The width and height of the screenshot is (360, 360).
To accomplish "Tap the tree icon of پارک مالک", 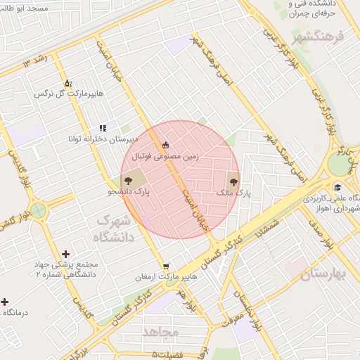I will click(233, 179).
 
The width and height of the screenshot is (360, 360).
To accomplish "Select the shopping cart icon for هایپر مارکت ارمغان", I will click(165, 266).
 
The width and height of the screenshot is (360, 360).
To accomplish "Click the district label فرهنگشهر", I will click(319, 35).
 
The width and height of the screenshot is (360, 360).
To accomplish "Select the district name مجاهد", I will click(161, 330).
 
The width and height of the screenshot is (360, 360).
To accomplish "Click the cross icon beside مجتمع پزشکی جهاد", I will click(66, 254).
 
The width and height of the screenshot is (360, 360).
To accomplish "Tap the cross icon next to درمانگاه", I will click(5, 302).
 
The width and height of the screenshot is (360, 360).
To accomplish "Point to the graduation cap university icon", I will click(338, 187).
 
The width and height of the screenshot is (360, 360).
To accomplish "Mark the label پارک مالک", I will click(236, 191).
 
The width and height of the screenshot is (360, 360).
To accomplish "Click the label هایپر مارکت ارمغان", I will click(169, 278).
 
